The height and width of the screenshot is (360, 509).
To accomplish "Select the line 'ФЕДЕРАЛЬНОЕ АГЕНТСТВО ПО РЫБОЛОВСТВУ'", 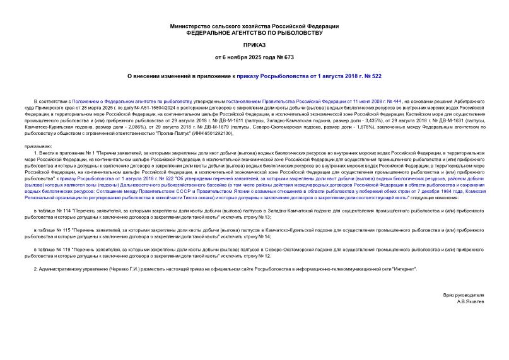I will pos(254,33).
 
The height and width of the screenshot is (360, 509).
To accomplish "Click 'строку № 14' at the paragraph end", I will pos(258,236).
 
